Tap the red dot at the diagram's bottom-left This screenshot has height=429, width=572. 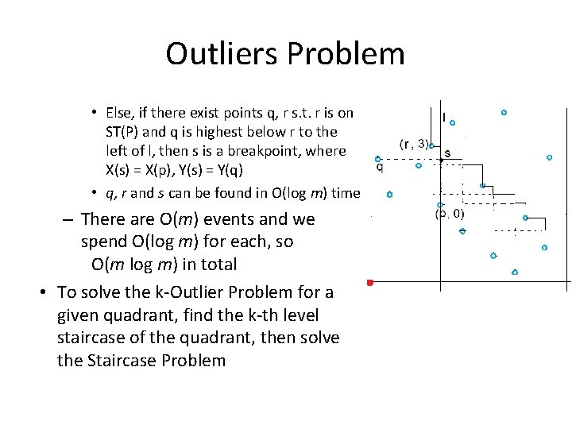pyautogui.click(x=369, y=282)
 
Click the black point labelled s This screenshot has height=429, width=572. pyautogui.click(x=442, y=160)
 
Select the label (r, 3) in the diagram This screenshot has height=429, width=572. pyautogui.click(x=414, y=144)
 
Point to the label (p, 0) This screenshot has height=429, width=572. pyautogui.click(x=450, y=213)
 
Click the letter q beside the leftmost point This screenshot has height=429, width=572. pyautogui.click(x=379, y=167)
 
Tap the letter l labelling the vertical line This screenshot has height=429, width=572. pyautogui.click(x=443, y=117)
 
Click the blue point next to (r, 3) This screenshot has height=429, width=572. pyautogui.click(x=431, y=145)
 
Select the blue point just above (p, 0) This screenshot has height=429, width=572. pyautogui.click(x=439, y=205)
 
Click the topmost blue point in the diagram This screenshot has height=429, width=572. pyautogui.click(x=504, y=113)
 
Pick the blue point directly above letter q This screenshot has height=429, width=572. pyautogui.click(x=378, y=158)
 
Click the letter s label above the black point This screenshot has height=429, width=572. pyautogui.click(x=447, y=153)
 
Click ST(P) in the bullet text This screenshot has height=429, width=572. pyautogui.click(x=126, y=131)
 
